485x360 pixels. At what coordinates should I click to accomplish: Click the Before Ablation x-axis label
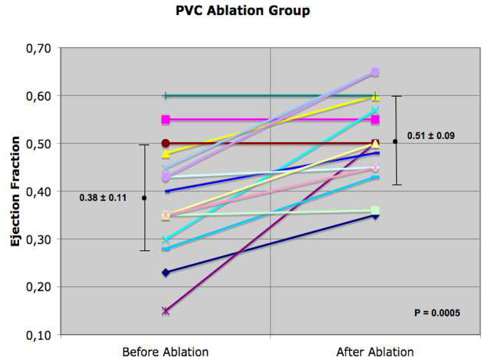pyautogui.click(x=165, y=352)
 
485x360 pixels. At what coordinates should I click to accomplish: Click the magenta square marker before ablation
pyautogui.click(x=166, y=120)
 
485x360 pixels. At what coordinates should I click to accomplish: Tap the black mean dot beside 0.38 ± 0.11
pyautogui.click(x=145, y=198)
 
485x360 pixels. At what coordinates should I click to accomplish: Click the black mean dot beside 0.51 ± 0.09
pyautogui.click(x=395, y=141)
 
